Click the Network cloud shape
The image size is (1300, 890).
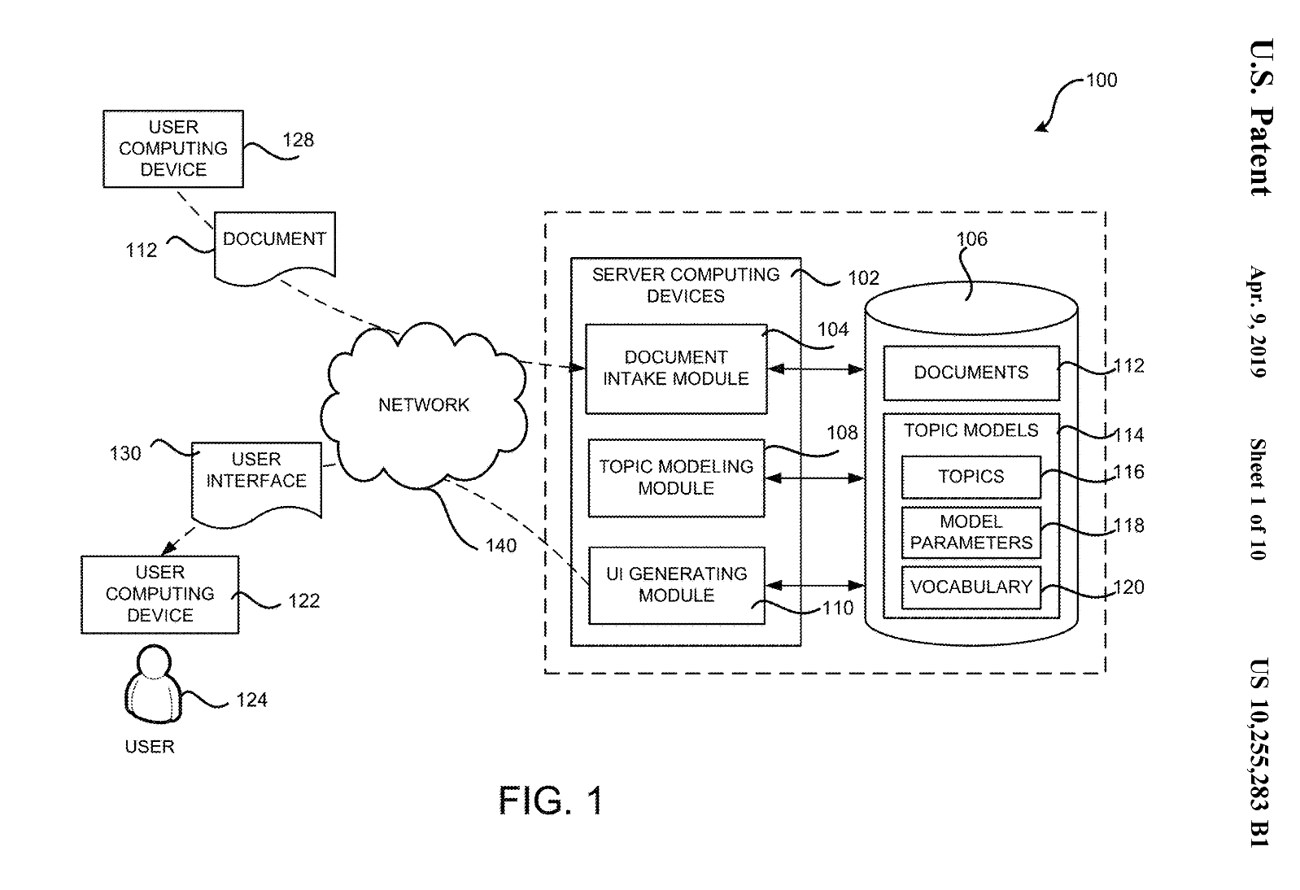tap(423, 404)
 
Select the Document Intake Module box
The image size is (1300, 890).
tap(676, 369)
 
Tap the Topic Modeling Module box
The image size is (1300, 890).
tap(676, 478)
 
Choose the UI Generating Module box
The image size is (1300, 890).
tap(676, 585)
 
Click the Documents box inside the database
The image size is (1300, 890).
tap(971, 373)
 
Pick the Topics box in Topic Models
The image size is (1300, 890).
tap(971, 477)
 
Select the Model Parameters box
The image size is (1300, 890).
tap(971, 532)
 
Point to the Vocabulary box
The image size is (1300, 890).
tap(971, 587)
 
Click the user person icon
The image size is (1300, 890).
tap(152, 685)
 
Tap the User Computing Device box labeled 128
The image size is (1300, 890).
tap(173, 149)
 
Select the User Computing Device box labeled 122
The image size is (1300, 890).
tap(160, 595)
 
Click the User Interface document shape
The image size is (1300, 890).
tap(256, 480)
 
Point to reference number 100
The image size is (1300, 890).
tap(1102, 81)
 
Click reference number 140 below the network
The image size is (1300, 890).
tap(501, 546)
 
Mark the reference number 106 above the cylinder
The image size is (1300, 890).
tap(971, 239)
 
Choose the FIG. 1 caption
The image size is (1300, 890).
tap(552, 801)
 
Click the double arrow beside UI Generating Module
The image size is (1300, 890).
tap(814, 585)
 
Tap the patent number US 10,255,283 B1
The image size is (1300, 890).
tap(1259, 753)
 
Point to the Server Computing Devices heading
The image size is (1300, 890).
tap(685, 286)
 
